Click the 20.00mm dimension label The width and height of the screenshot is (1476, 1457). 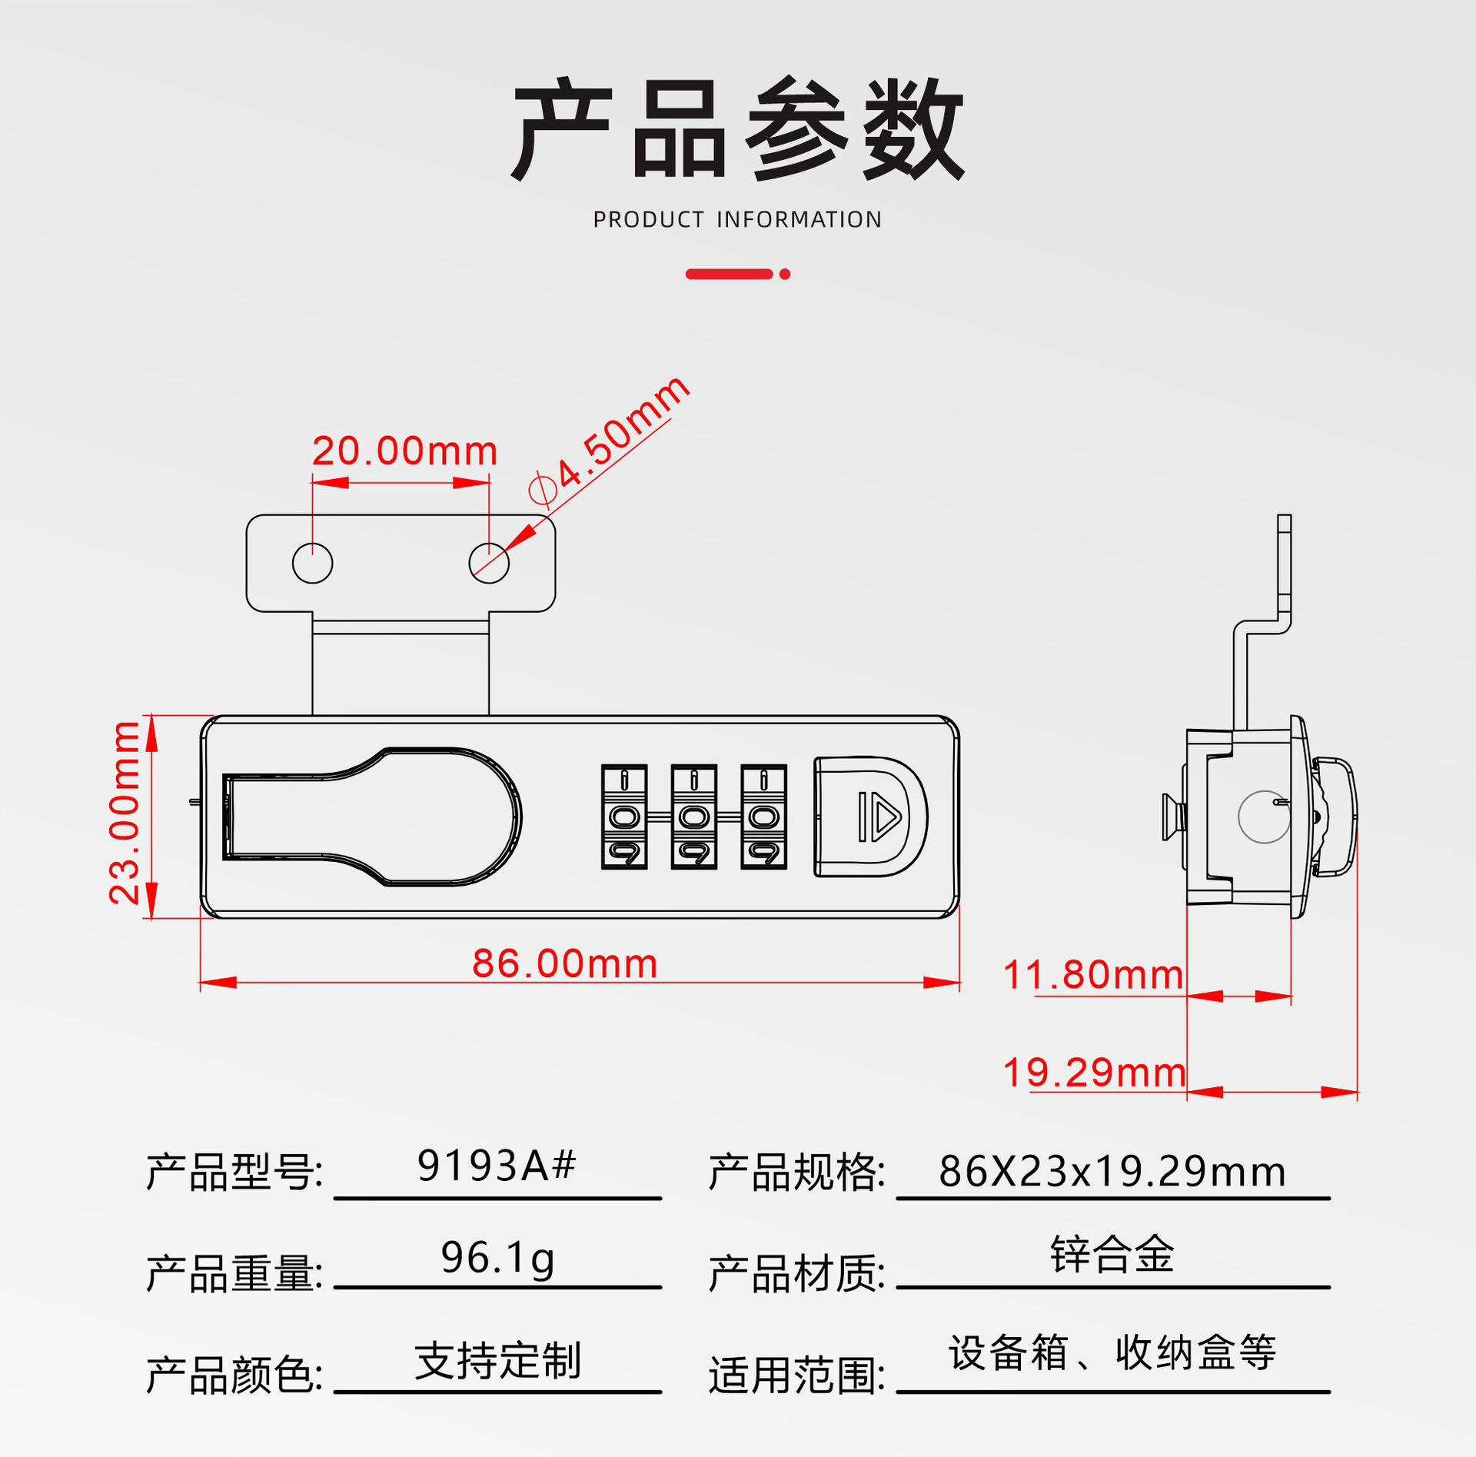[x=404, y=451]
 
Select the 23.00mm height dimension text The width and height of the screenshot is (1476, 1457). [x=125, y=813]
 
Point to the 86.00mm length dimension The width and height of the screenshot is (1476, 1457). [x=564, y=963]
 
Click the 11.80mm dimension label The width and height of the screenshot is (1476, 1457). [x=1092, y=975]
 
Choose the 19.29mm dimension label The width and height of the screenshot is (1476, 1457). [x=1094, y=1073]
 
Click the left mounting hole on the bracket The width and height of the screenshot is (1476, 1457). [x=312, y=563]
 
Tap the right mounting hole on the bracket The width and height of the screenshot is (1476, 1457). [x=489, y=563]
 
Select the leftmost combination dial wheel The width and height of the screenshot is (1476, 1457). [x=624, y=817]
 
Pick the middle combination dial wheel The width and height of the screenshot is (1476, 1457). [x=694, y=817]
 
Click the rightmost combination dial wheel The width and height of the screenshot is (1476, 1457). [x=763, y=817]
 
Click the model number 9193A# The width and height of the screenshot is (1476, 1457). [x=496, y=1166]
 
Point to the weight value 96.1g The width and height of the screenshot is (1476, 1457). [x=497, y=1258]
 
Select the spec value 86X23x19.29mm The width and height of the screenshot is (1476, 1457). [x=1112, y=1172]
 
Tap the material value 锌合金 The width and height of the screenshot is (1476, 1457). [x=1112, y=1255]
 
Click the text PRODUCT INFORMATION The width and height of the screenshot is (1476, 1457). [x=737, y=220]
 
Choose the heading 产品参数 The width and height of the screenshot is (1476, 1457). [x=737, y=129]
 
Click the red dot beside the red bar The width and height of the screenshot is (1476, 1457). [x=785, y=274]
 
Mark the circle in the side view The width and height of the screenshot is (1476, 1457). [x=1264, y=817]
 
